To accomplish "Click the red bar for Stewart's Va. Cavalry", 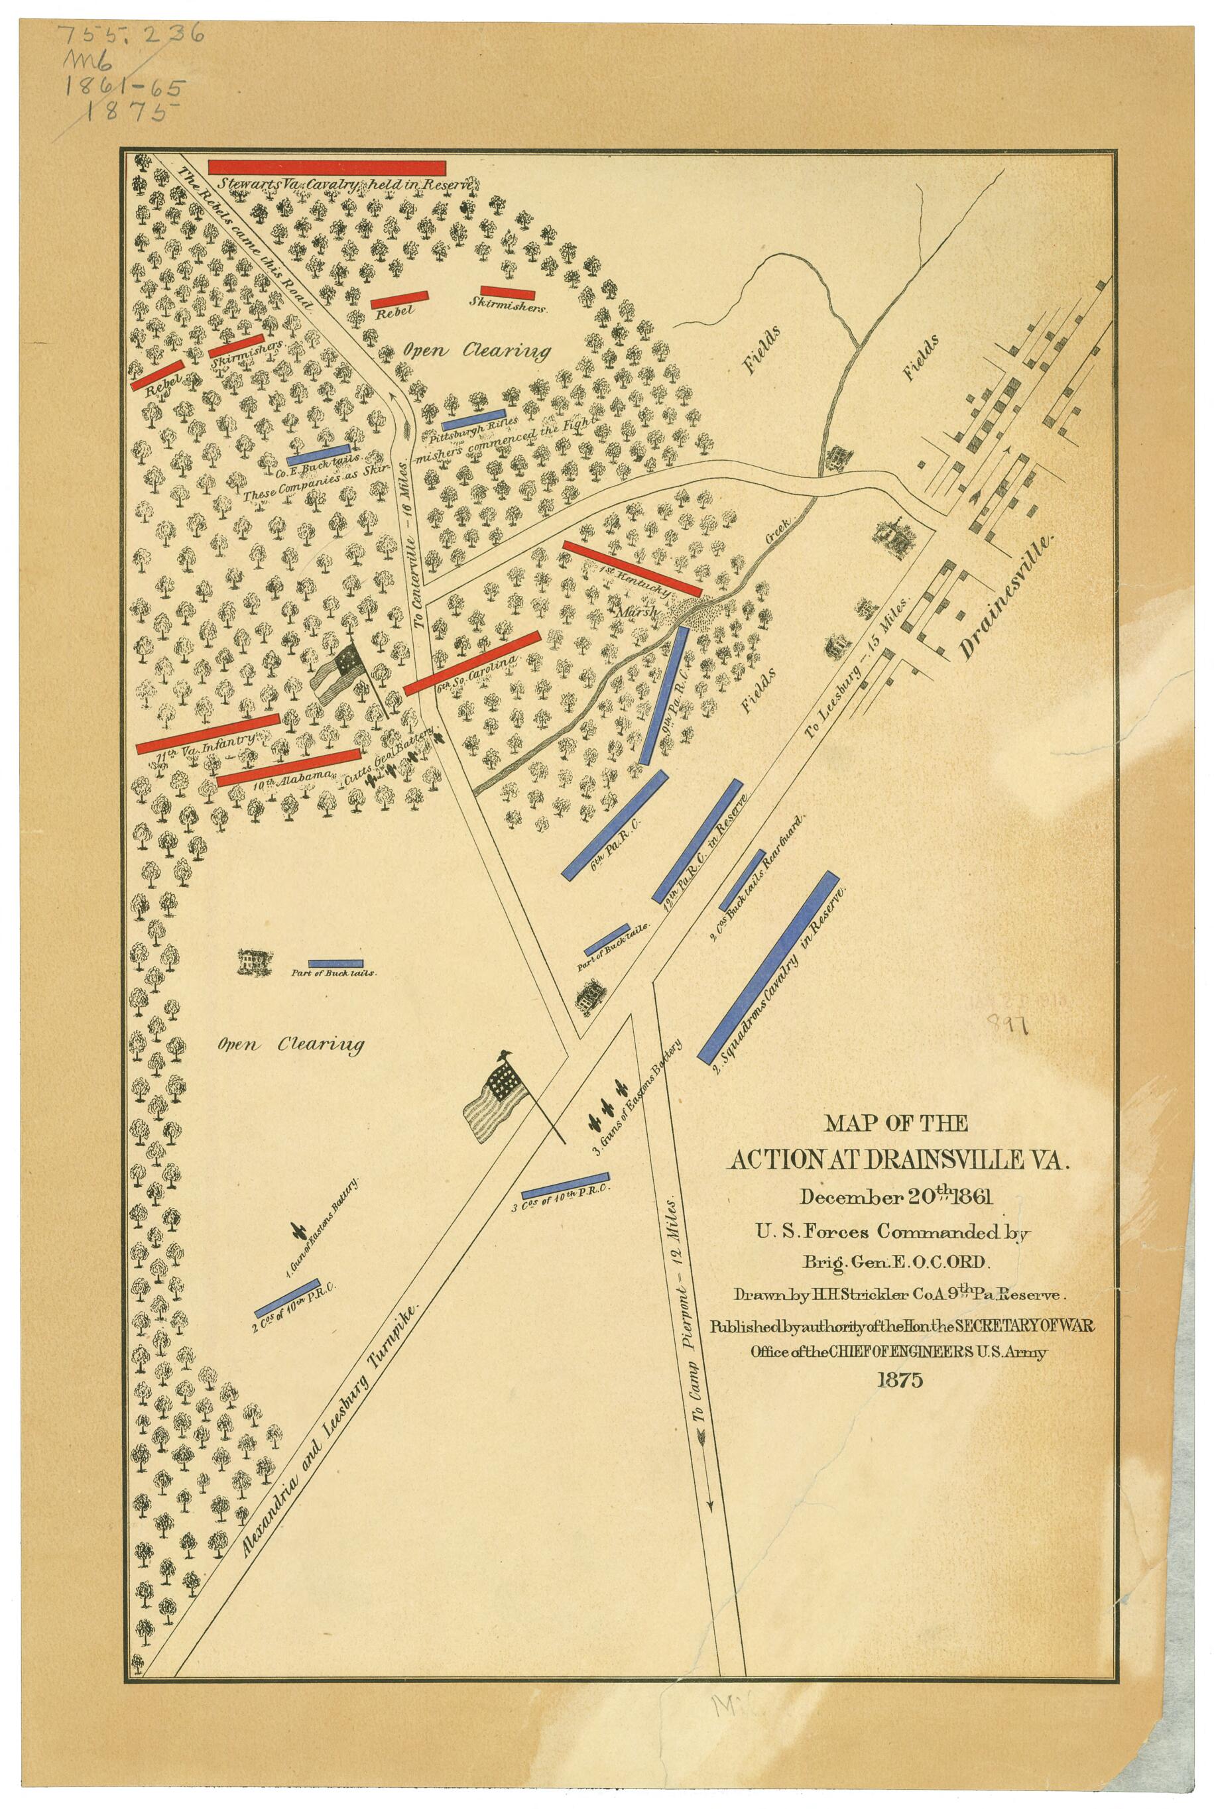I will tap(327, 168).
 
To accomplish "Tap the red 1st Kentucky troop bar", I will tap(632, 568).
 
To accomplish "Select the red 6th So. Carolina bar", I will tap(471, 663).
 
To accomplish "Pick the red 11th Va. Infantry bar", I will tap(208, 732).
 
